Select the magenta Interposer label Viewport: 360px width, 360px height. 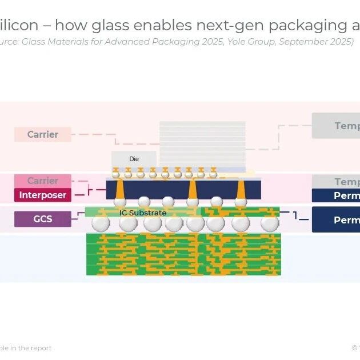point(43,195)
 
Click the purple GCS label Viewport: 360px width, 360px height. point(43,219)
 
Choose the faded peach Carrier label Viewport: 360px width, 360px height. point(43,135)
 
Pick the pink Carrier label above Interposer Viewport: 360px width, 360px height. point(43,181)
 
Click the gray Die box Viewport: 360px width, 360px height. point(134,158)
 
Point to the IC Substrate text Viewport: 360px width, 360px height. point(143,213)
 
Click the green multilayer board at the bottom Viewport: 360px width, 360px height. point(183,254)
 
